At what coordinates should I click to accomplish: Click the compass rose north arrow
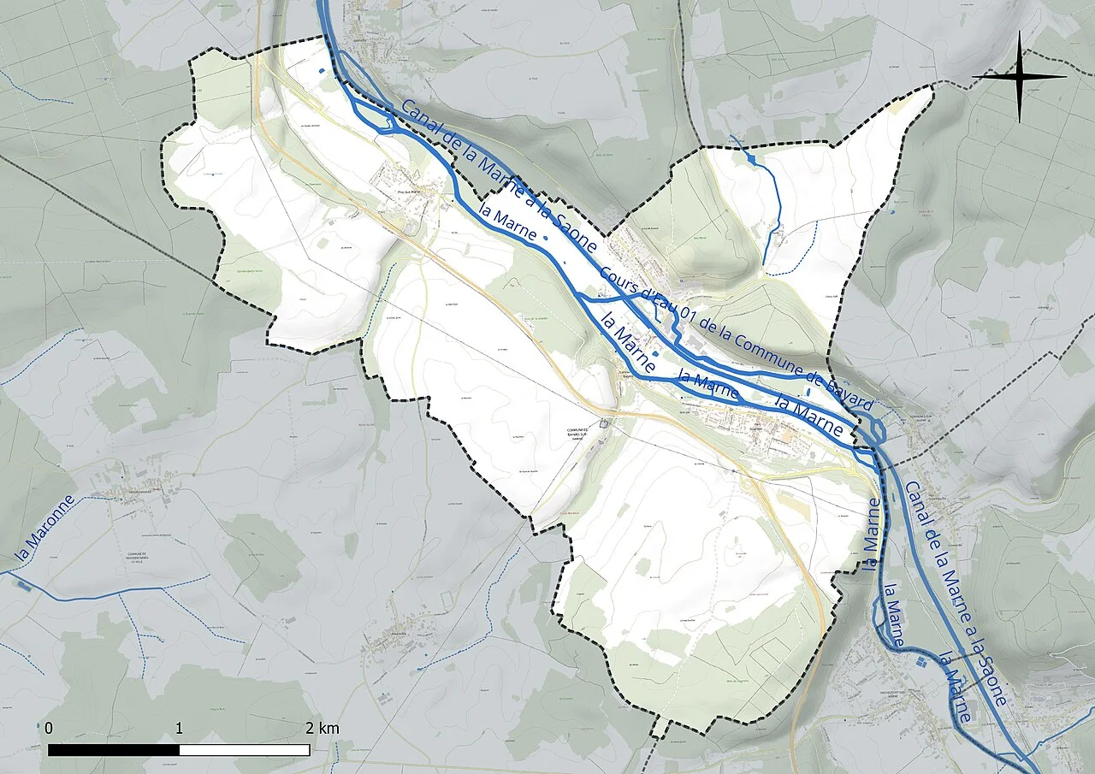click(1019, 77)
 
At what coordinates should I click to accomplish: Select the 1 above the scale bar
click(179, 729)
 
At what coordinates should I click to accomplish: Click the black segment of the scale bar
click(114, 750)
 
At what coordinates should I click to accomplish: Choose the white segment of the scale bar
click(245, 750)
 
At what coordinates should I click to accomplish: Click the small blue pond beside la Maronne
click(23, 586)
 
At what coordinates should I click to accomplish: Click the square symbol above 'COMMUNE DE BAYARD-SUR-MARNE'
click(605, 422)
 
